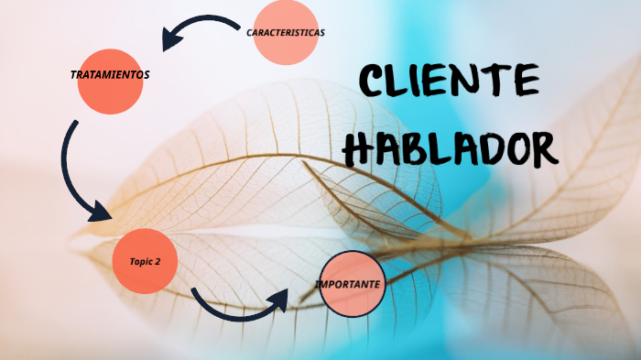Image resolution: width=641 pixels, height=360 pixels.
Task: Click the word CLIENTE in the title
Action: (449, 82)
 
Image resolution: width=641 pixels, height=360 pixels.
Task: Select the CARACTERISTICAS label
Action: (285, 32)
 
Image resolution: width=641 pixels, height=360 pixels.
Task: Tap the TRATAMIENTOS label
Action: (109, 74)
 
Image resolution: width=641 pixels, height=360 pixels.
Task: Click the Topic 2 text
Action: (145, 261)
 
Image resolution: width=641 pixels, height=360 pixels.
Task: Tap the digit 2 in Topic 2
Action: (158, 261)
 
